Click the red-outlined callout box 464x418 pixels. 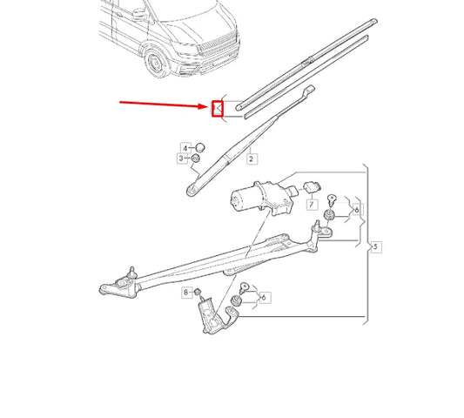218,109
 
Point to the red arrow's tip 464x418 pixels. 209,108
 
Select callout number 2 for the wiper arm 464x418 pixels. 252,159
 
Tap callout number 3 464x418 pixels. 183,158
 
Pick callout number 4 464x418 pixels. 185,147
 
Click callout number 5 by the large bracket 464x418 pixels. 375,247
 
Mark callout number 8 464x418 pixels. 185,293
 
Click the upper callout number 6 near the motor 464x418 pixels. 355,210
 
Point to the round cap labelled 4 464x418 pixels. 198,146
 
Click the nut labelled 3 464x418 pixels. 197,158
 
